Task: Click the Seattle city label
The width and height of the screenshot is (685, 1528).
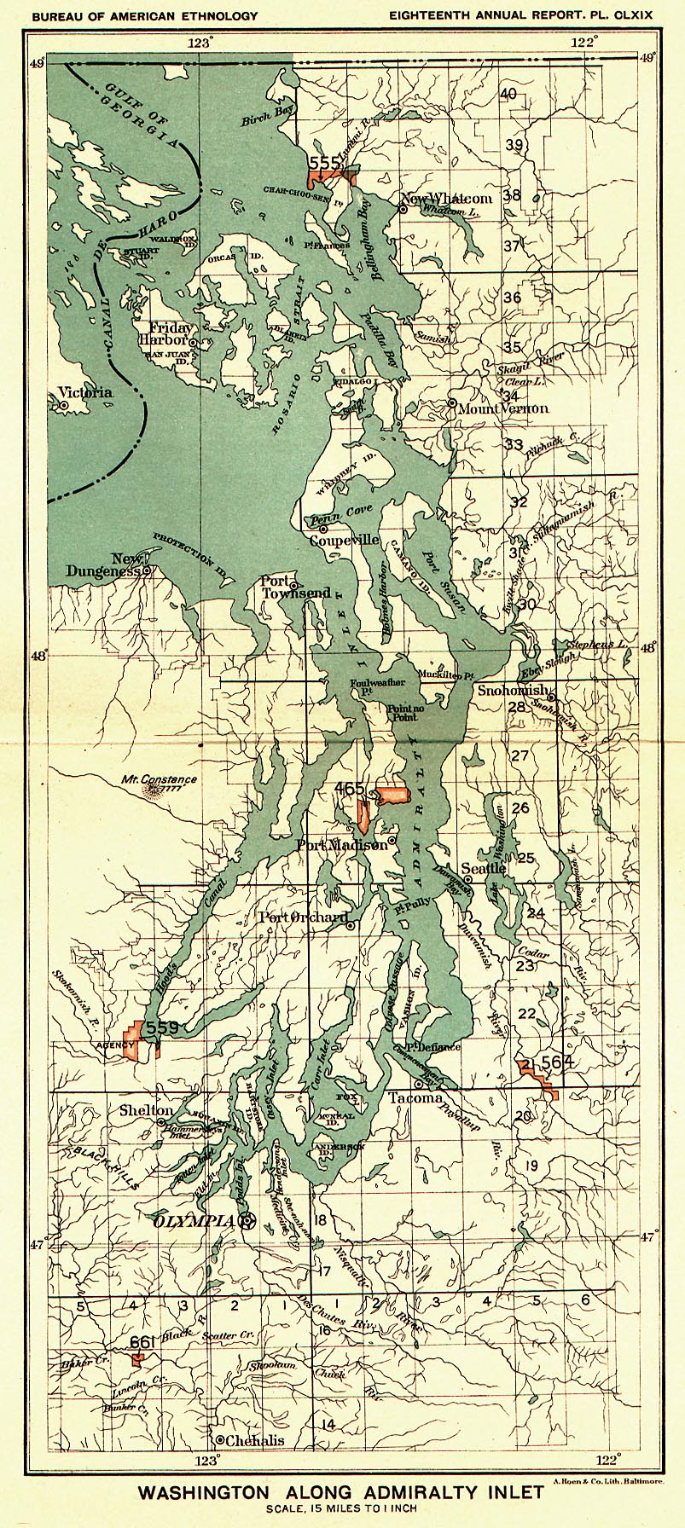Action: click(484, 869)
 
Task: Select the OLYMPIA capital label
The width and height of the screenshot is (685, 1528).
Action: click(194, 1222)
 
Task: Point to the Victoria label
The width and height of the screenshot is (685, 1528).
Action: click(84, 393)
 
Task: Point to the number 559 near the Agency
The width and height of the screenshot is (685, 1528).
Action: click(161, 1028)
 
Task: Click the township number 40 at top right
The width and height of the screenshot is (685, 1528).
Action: click(508, 94)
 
